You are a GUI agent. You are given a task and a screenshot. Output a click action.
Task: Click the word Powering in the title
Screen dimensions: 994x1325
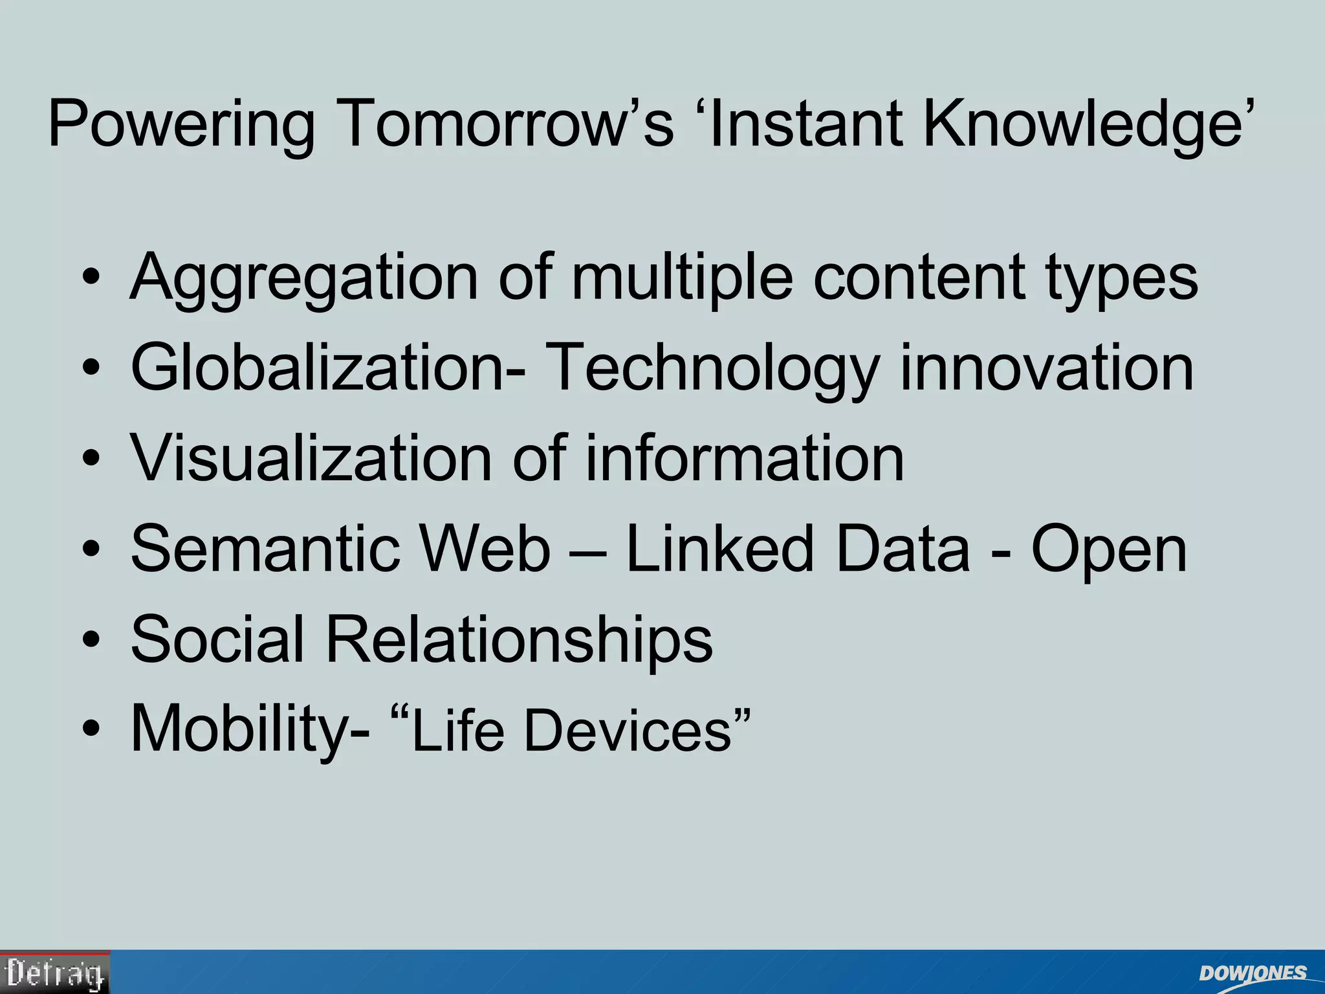tap(181, 125)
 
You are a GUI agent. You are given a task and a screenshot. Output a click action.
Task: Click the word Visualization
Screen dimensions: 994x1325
tap(311, 458)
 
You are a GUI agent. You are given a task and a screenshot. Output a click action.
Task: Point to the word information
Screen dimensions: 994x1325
tap(744, 458)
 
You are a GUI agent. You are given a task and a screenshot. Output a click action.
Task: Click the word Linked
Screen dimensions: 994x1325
tap(719, 549)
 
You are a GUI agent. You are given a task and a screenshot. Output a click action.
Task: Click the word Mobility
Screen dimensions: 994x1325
tap(250, 730)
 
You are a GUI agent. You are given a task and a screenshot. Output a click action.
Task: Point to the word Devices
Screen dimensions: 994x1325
tap(628, 730)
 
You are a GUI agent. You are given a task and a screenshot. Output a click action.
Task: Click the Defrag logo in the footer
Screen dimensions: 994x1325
tap(55, 973)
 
